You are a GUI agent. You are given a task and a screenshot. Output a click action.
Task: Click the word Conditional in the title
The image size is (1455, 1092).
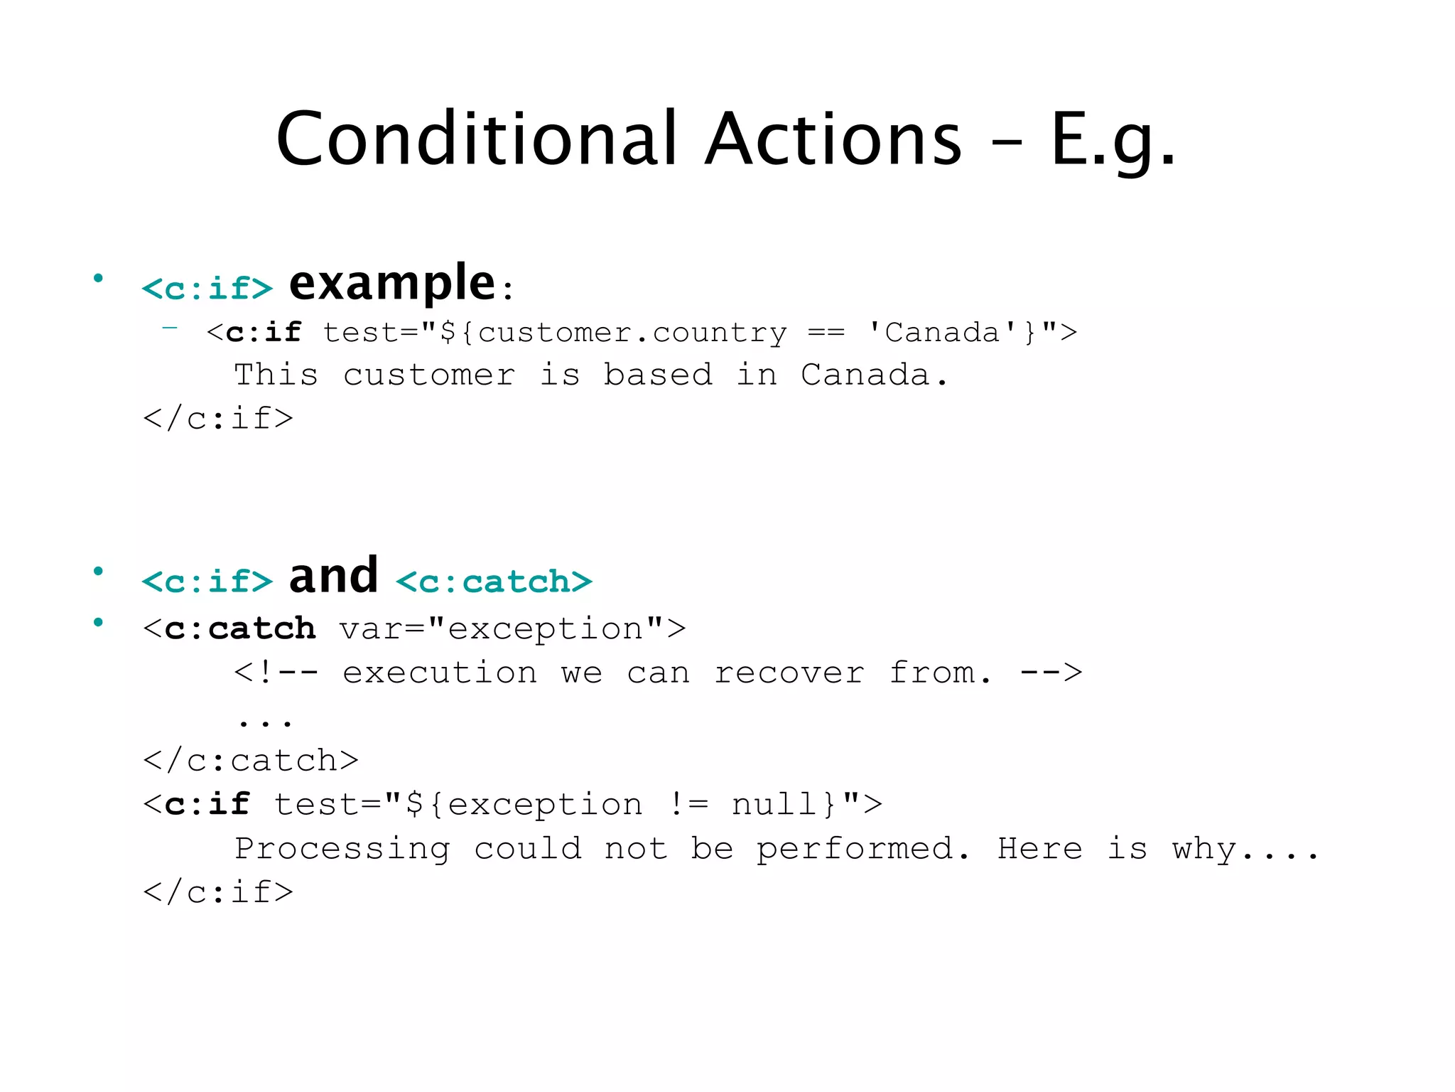pos(476,139)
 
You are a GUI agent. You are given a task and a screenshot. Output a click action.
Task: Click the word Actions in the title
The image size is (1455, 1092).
pos(834,139)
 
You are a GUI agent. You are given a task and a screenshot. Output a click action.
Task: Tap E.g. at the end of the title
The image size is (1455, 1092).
pos(1112,141)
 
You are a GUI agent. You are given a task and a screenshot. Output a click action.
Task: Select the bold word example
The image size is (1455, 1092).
pos(391,284)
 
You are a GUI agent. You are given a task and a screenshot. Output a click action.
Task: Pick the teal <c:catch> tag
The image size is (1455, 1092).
pos(494,582)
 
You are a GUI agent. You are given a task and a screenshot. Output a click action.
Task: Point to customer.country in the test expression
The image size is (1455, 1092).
pos(632,333)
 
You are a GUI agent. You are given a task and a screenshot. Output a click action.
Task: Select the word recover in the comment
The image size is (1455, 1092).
pos(789,673)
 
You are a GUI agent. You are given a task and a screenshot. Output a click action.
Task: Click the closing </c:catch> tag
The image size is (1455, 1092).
pos(251,761)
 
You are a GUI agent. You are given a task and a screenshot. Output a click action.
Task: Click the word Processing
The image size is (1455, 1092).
pos(342,849)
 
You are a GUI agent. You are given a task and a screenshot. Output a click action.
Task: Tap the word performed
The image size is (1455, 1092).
pos(855,849)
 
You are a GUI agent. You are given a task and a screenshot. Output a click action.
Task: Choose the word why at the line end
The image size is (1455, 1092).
pos(1204,849)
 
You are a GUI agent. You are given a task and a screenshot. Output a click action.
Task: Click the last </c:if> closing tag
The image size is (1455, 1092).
pos(218,892)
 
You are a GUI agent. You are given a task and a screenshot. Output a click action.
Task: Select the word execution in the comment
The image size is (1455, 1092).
pos(440,673)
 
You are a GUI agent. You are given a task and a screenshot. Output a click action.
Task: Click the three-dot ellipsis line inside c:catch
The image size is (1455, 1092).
pos(264,722)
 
